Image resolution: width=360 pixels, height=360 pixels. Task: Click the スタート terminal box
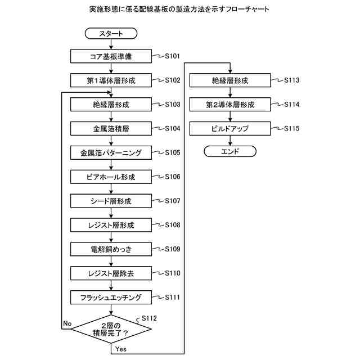(x=111, y=34)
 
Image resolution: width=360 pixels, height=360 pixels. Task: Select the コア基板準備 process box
(x=111, y=56)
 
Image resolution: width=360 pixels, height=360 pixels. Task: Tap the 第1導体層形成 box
(x=111, y=80)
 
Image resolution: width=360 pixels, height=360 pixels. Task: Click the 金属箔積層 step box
(x=111, y=129)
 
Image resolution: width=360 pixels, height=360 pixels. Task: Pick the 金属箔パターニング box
(x=111, y=153)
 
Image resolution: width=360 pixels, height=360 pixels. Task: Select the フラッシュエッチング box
(x=111, y=297)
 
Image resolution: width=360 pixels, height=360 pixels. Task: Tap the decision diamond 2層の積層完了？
(x=111, y=329)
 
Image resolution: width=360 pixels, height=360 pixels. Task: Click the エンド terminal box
(x=229, y=151)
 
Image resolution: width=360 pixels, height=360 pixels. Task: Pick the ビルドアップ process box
(x=229, y=129)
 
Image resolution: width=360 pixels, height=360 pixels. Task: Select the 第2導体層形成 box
(x=229, y=105)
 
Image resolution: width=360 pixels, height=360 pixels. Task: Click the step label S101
(x=172, y=56)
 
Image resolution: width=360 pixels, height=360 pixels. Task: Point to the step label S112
(x=149, y=318)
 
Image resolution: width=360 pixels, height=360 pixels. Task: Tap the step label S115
(x=291, y=129)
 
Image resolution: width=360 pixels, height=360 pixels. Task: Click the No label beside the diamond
(x=67, y=323)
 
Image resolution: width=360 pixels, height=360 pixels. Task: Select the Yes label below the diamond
(x=120, y=349)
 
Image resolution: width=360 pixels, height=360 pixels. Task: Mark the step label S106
(x=172, y=177)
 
